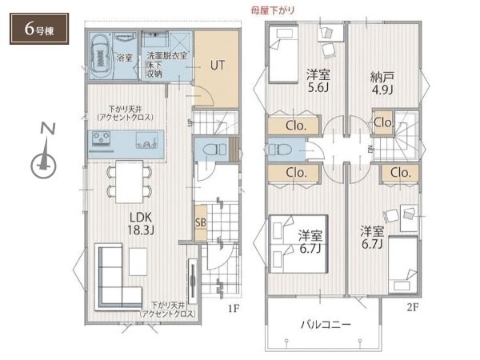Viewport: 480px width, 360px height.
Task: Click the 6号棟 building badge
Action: coord(39,29)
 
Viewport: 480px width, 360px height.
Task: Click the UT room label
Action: coord(218,65)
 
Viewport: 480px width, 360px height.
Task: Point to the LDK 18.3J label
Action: coord(141,223)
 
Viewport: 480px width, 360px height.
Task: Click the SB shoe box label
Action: coord(201,222)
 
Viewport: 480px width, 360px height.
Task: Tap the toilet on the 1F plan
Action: coord(214,150)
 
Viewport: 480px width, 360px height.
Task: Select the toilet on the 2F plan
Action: coord(277,150)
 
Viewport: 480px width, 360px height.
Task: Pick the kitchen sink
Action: coord(147,140)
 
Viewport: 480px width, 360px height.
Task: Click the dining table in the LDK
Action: coord(129,182)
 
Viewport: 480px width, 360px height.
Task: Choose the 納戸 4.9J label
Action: coord(382,83)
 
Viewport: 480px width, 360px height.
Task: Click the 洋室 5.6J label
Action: coord(318,81)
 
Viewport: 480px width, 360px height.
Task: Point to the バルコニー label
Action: coord(326,324)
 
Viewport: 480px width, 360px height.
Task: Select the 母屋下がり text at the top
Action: coord(273,10)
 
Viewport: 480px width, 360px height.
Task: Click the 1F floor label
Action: coord(234,308)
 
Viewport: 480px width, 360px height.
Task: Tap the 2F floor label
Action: coord(412,307)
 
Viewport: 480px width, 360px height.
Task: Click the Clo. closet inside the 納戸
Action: coord(383,122)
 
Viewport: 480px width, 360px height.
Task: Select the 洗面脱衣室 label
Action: coord(167,56)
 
